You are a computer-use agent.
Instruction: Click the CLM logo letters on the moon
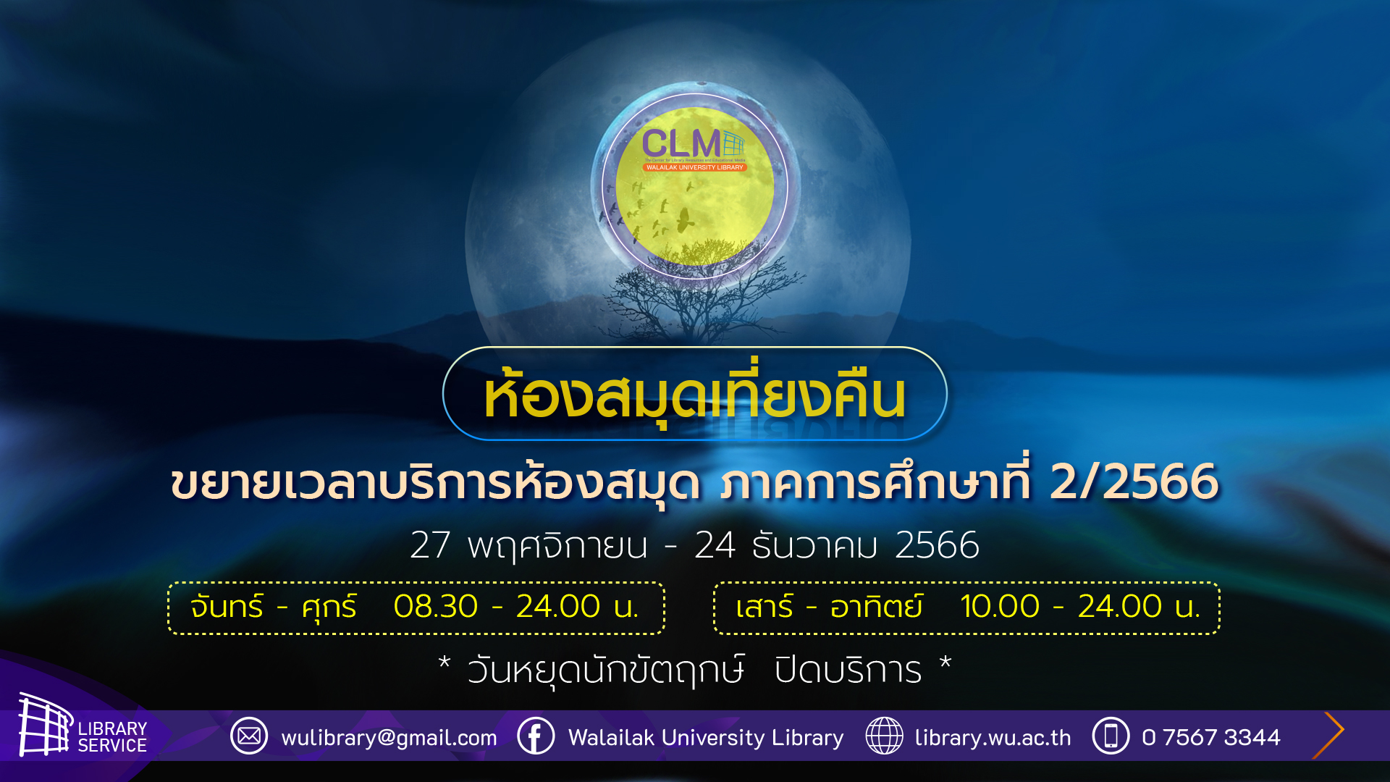681,143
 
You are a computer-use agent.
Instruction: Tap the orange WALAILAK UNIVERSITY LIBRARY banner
694,167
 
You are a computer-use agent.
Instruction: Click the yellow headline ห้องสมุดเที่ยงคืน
695,395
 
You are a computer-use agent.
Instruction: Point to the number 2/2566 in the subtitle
1134,482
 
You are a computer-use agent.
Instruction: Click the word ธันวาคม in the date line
814,545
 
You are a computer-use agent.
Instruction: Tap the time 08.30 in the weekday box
436,606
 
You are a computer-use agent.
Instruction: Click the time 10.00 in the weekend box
1000,606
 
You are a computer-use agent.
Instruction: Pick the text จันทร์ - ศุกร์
274,607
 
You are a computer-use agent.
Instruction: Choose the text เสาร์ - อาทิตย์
830,606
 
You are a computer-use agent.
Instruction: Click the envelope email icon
249,736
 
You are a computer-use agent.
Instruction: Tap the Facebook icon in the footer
536,736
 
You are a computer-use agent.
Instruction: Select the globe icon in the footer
884,736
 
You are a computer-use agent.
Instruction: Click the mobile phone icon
1111,736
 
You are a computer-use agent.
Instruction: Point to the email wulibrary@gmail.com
389,738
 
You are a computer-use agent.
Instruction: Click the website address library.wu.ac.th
993,737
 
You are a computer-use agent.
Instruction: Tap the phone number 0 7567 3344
1211,737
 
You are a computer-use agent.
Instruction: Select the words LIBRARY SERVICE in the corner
112,737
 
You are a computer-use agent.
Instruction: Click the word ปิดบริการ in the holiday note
848,670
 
